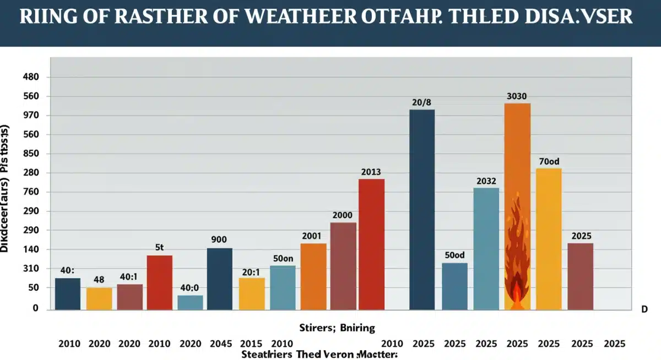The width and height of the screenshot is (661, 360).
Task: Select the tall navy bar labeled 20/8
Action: (422, 209)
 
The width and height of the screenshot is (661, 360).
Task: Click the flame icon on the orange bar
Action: (517, 253)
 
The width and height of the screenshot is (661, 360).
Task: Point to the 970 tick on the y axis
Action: (31, 116)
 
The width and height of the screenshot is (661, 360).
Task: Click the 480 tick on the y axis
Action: (31, 78)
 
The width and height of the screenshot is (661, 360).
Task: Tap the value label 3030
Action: (517, 96)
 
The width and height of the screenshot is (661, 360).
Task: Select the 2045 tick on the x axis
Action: (221, 344)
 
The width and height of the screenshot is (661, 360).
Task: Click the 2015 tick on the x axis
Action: (251, 344)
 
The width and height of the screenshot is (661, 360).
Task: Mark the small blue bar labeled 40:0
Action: (190, 302)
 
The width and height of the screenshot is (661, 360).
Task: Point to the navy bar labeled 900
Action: (220, 279)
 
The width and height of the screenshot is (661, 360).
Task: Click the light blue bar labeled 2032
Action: (486, 248)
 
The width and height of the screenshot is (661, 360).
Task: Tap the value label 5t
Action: (160, 248)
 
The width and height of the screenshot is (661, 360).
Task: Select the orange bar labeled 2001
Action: (313, 276)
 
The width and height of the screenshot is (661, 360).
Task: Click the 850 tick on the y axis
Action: (31, 154)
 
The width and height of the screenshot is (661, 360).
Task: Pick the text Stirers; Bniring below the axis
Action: (337, 328)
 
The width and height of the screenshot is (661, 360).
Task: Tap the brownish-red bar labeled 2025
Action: (581, 276)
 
